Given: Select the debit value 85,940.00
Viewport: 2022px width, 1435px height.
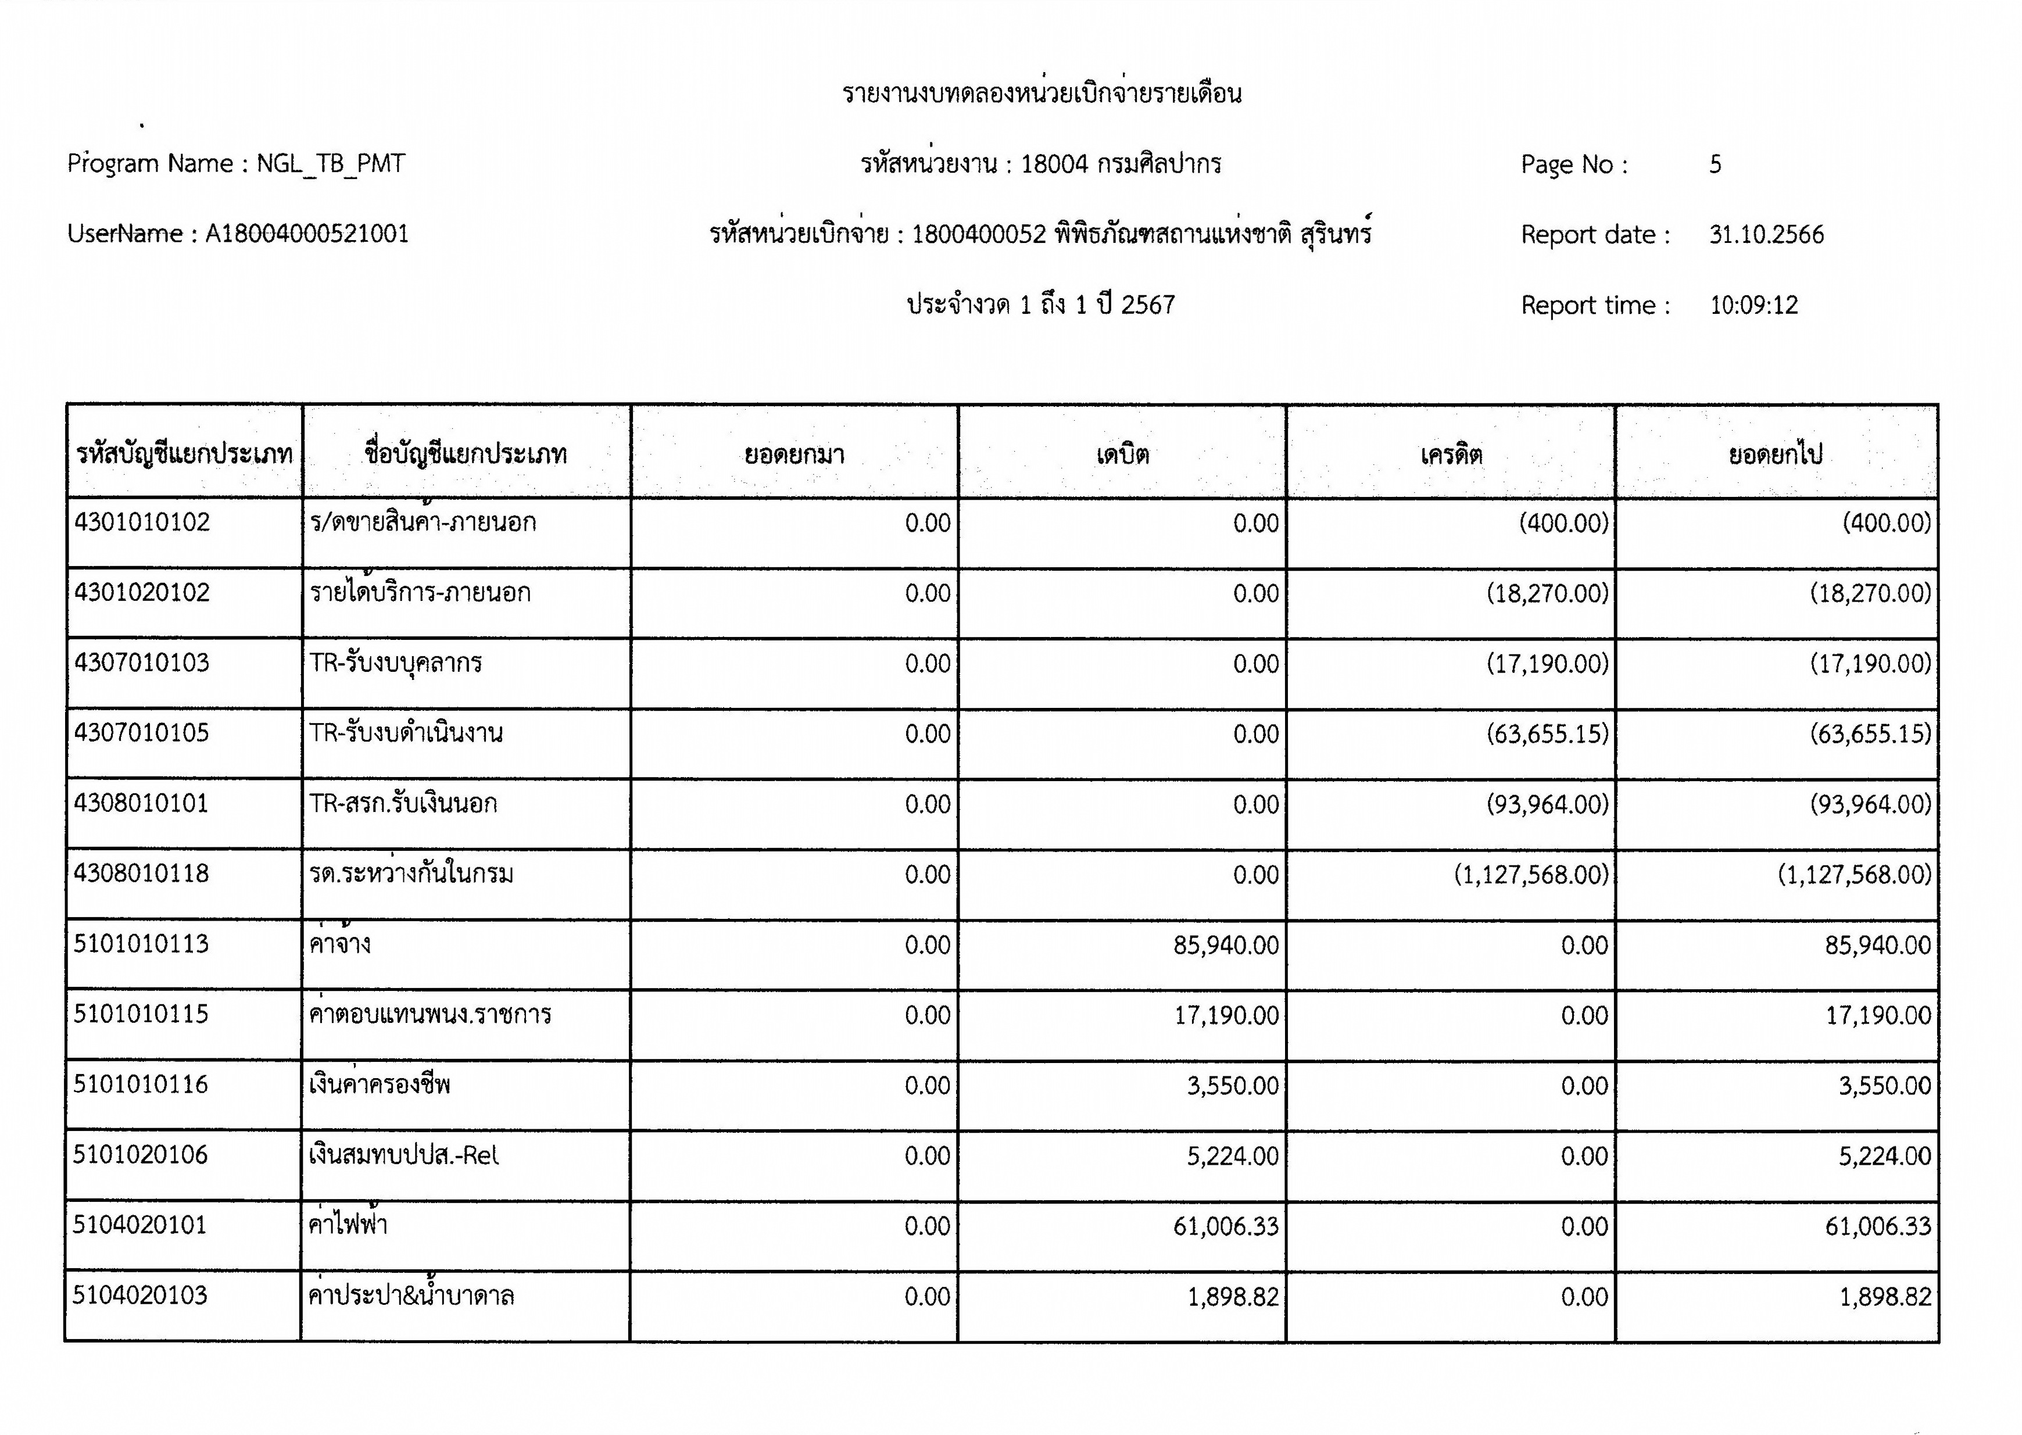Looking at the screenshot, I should tap(1225, 946).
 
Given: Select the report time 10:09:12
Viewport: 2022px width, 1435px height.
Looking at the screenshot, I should tap(1753, 306).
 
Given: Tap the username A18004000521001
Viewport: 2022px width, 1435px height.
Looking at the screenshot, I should tap(306, 234).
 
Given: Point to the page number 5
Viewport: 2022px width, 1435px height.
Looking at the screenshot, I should tap(1715, 164).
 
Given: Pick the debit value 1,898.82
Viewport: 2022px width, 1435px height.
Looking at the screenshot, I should tap(1232, 1297).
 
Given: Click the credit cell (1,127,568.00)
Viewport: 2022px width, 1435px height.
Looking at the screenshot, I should tap(1531, 875).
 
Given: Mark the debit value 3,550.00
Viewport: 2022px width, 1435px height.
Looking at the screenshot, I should tap(1232, 1086).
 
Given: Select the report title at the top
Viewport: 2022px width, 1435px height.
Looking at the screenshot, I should tap(1042, 94).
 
